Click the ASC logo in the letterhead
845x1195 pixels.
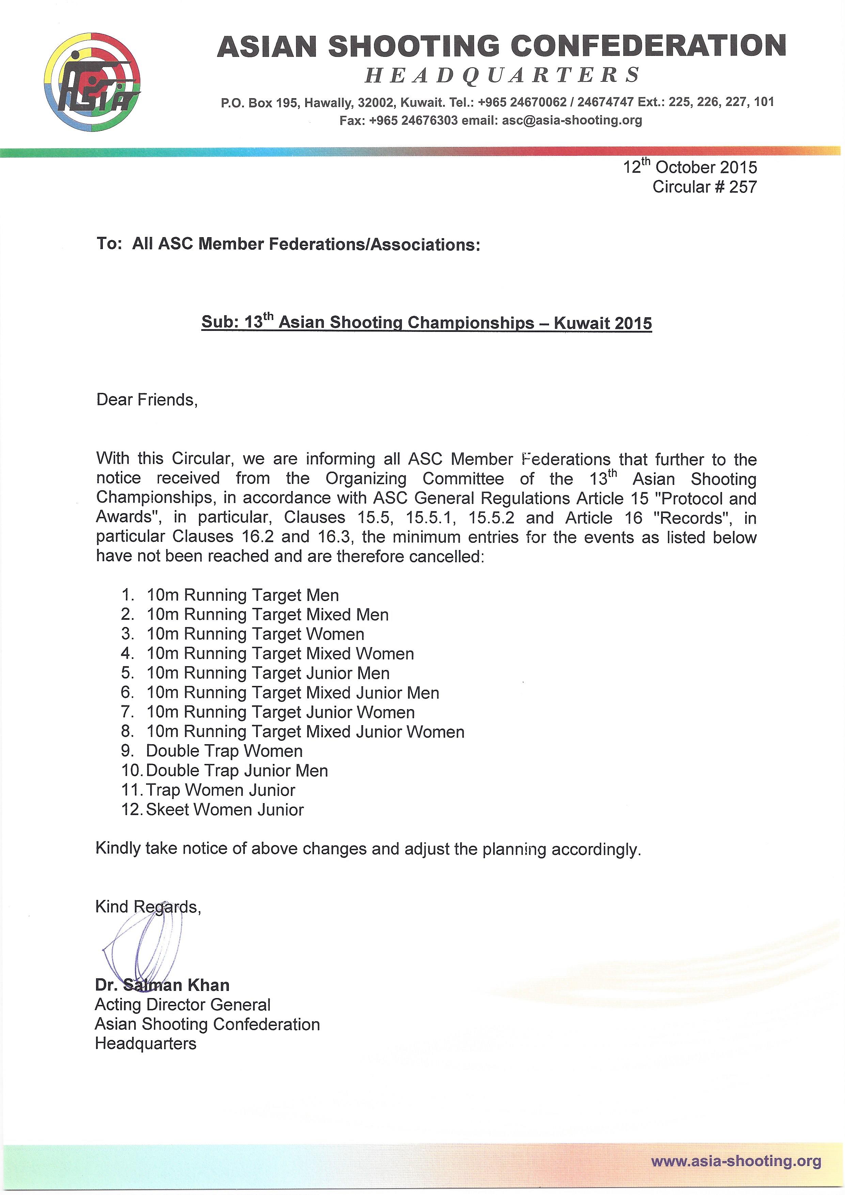pyautogui.click(x=92, y=82)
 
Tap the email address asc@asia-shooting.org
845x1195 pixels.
pyautogui.click(x=571, y=121)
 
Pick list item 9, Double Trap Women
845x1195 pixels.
pyautogui.click(x=224, y=751)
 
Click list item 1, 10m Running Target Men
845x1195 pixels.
pyautogui.click(x=242, y=595)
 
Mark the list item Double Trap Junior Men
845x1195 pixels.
pyautogui.click(x=237, y=770)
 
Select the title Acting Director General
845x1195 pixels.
pyautogui.click(x=183, y=1005)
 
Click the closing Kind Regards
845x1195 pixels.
pyautogui.click(x=148, y=907)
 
